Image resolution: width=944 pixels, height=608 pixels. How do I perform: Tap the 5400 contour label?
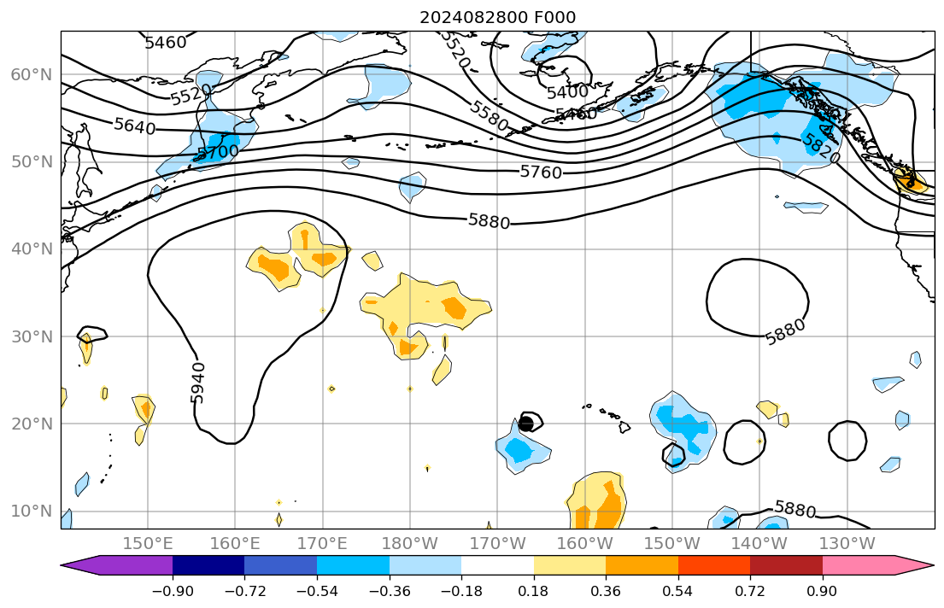[x=567, y=91]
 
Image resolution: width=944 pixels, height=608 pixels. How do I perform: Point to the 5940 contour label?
[x=197, y=382]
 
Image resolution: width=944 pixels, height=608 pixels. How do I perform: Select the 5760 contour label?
[x=541, y=172]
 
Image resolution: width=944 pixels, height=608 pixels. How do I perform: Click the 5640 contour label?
[x=135, y=127]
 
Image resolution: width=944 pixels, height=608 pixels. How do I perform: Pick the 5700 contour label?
[x=218, y=153]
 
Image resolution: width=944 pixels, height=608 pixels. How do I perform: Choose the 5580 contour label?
[x=490, y=116]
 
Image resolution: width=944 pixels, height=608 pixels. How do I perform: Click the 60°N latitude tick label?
[x=31, y=75]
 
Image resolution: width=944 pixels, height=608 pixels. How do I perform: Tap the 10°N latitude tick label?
[x=31, y=512]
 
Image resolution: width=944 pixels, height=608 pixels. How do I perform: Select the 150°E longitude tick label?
[x=148, y=544]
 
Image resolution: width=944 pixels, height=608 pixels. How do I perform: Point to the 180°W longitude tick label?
[x=409, y=544]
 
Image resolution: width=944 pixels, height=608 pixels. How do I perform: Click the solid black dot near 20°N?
[x=526, y=424]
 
